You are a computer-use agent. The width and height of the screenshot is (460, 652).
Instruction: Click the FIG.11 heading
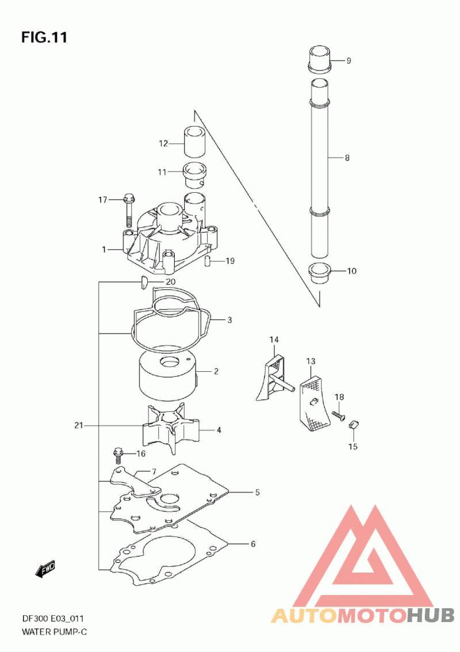pyautogui.click(x=44, y=37)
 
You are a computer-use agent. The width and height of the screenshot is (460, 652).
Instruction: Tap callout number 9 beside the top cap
pyautogui.click(x=348, y=60)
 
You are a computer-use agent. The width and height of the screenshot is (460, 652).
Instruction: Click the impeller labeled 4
pyautogui.click(x=171, y=427)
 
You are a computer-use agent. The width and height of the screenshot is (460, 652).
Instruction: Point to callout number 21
pyautogui.click(x=79, y=425)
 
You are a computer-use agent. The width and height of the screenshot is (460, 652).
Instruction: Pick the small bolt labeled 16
pyautogui.click(x=118, y=455)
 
